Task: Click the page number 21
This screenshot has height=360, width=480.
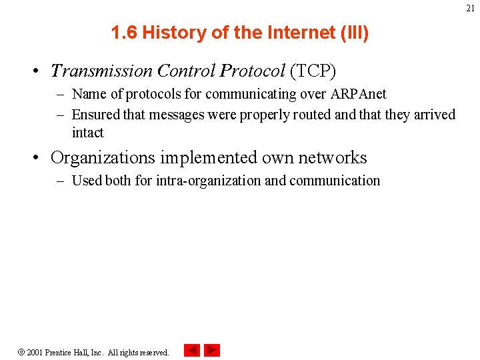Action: (x=471, y=8)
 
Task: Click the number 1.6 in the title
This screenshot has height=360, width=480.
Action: (x=124, y=33)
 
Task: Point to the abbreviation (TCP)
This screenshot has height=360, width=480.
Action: (x=313, y=71)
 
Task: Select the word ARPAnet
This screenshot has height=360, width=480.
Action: (x=359, y=94)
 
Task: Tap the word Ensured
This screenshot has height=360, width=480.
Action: (x=97, y=115)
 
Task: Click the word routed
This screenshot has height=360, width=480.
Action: (x=311, y=115)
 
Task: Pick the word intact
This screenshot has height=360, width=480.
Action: (x=87, y=132)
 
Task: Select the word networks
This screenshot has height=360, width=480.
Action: (x=334, y=158)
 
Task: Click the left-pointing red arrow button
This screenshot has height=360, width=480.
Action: (x=192, y=350)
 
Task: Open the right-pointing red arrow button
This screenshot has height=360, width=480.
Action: (x=212, y=350)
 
